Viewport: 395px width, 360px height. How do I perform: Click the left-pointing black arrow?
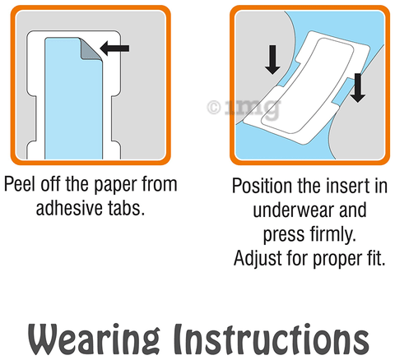point(114,48)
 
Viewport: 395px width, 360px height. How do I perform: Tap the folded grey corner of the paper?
point(90,50)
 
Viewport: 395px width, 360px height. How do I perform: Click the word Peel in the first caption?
point(20,184)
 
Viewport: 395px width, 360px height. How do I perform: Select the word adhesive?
point(69,208)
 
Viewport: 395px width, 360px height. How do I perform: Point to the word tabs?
point(126,208)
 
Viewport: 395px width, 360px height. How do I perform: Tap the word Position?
point(263,186)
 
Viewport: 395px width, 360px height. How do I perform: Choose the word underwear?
point(292,210)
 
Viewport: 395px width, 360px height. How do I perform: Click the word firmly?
point(333,235)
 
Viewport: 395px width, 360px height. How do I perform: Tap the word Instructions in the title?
point(272,339)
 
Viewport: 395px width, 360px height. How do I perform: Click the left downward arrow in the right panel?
point(272,60)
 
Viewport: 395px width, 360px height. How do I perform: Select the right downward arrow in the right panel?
point(357,88)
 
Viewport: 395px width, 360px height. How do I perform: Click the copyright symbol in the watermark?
point(214,108)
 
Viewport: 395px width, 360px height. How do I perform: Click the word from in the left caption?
point(160,184)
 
